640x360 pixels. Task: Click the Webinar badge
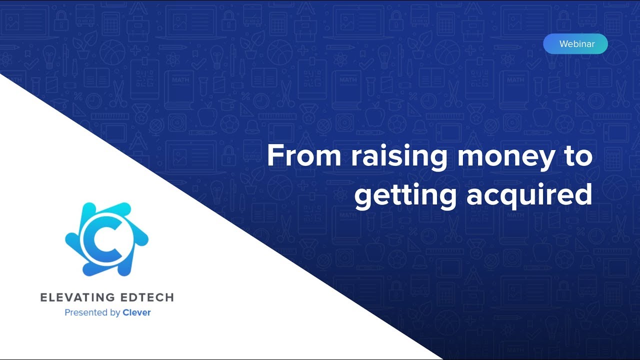tap(575, 43)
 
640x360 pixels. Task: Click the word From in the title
tap(304, 155)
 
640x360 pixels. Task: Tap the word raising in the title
tap(399, 157)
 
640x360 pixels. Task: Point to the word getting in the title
tap(405, 196)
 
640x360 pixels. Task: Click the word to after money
tap(578, 156)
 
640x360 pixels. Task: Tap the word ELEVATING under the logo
tap(77, 297)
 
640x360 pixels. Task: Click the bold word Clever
tap(136, 312)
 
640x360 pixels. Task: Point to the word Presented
tap(86, 312)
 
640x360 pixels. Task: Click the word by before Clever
tap(115, 313)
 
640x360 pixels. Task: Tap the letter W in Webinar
tap(564, 44)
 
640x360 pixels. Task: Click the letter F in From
tap(274, 155)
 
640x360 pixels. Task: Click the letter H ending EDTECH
tap(169, 297)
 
